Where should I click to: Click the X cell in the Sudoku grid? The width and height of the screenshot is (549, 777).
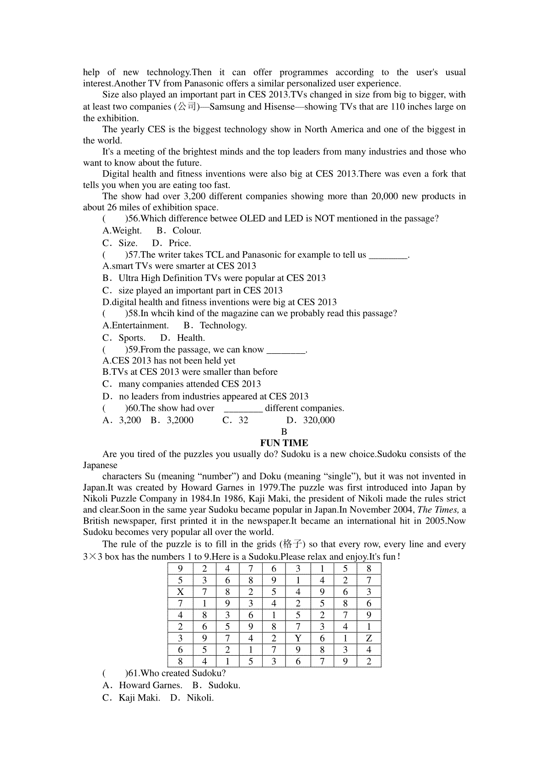[180, 592]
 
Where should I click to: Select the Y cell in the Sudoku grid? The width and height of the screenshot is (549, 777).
[298, 638]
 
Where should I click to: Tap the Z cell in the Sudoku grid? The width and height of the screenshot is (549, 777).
[369, 638]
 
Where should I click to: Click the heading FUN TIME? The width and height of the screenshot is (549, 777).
[284, 443]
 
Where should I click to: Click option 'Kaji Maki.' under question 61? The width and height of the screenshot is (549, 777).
[139, 698]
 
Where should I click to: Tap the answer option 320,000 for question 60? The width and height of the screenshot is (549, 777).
[319, 420]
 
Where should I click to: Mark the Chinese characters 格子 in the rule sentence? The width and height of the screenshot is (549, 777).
[294, 544]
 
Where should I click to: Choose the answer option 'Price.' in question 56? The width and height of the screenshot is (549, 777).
[180, 243]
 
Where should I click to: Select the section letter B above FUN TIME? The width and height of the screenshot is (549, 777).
[284, 432]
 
